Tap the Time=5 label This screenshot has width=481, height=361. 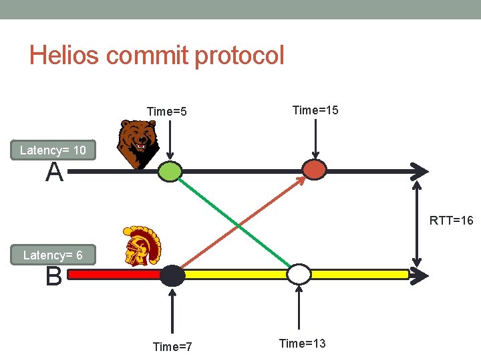[166, 112]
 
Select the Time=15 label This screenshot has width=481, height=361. [315, 110]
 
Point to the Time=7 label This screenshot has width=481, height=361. [172, 346]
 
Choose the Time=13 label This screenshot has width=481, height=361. [302, 344]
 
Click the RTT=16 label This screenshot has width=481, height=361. [451, 220]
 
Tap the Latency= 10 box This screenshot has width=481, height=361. [53, 150]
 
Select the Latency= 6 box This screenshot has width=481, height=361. [53, 255]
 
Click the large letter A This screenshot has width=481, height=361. [55, 173]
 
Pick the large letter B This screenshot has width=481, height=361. [54, 276]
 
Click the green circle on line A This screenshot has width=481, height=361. [170, 172]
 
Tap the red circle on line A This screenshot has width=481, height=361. [315, 169]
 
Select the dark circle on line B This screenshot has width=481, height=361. [172, 275]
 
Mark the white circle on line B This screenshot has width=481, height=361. [299, 274]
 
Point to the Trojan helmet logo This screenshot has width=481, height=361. [141, 246]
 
